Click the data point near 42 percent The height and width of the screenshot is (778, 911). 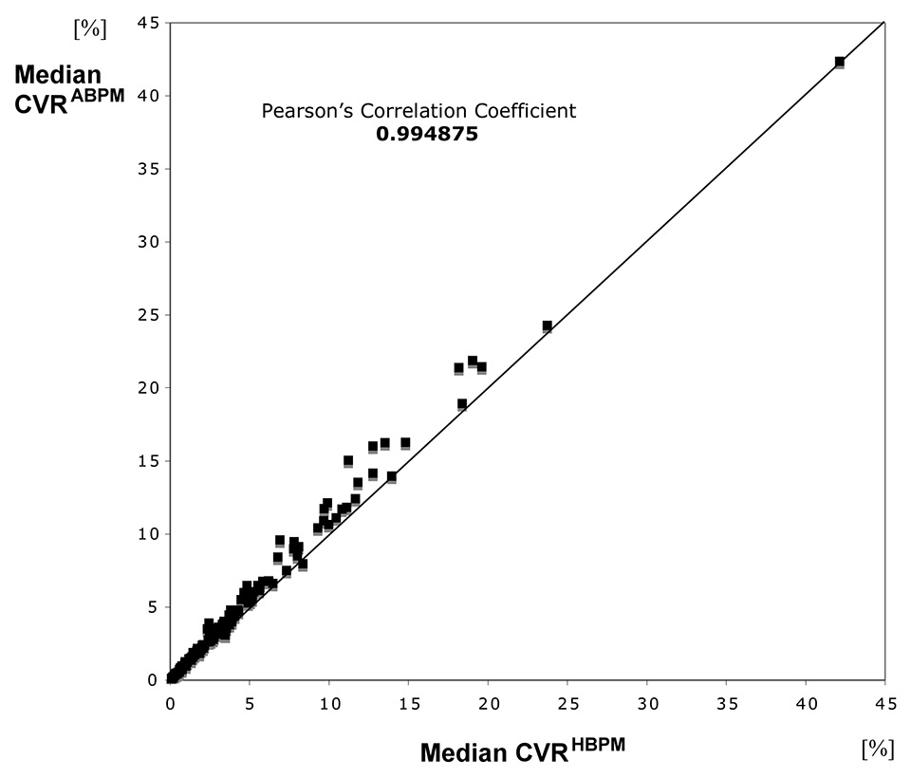[840, 62]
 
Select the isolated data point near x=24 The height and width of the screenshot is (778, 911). [548, 325]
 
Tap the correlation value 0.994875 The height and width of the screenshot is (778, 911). [426, 135]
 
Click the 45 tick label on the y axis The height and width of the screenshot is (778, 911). [146, 23]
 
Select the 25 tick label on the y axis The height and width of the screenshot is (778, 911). [146, 315]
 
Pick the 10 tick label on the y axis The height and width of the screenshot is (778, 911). [146, 534]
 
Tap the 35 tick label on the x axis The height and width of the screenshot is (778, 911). [726, 704]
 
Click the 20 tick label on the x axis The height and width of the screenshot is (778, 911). [488, 704]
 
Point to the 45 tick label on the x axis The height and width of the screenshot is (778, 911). [884, 704]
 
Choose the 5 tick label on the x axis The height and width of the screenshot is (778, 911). [250, 704]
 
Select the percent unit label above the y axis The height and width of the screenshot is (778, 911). [89, 28]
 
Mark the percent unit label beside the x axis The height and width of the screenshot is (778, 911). [877, 750]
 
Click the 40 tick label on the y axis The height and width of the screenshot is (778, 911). [146, 96]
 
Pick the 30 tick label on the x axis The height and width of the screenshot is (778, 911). [646, 704]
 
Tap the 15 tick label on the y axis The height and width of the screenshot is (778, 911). [146, 461]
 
